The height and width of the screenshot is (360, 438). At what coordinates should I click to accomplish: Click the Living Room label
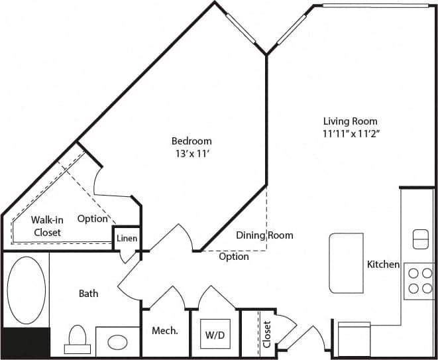click(x=350, y=121)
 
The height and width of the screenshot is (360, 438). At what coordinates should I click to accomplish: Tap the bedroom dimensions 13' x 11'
click(x=192, y=153)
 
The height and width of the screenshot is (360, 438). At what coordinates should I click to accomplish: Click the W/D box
click(x=214, y=335)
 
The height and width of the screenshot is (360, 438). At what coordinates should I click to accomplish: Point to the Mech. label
click(x=165, y=331)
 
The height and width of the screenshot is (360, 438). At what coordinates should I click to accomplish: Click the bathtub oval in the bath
click(x=27, y=290)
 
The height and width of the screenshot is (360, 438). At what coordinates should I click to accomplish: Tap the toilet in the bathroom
click(x=77, y=339)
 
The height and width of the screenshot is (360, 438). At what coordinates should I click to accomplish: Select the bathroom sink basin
click(x=118, y=343)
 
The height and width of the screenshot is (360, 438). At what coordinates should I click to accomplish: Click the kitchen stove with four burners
click(x=419, y=280)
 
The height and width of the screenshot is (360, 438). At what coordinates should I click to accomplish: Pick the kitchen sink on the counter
click(x=420, y=239)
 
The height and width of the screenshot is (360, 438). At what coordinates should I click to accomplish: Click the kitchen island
click(x=346, y=263)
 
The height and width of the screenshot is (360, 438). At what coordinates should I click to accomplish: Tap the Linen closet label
click(x=127, y=238)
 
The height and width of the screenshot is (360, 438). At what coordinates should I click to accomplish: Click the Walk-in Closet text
click(x=46, y=226)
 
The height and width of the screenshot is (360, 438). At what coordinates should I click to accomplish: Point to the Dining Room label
click(x=264, y=235)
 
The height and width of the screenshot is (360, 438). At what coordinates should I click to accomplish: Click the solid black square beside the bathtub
click(x=26, y=343)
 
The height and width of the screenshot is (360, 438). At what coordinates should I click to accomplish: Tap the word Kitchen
click(x=383, y=265)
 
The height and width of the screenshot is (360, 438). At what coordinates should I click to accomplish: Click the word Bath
click(x=89, y=293)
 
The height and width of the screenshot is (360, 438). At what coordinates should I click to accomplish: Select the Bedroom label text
click(x=192, y=141)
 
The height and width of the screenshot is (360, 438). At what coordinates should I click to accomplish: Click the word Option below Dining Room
click(x=234, y=257)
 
